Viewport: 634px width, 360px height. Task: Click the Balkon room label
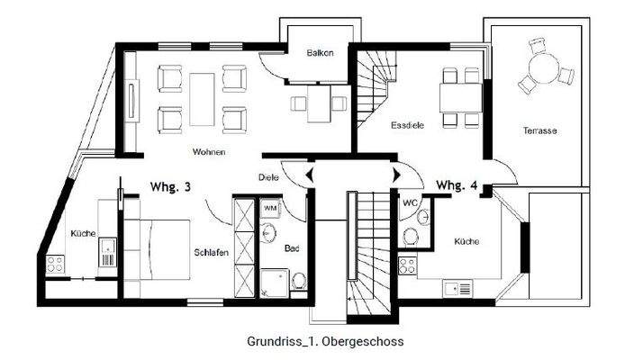tap(320, 53)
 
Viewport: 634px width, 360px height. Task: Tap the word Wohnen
tap(208, 152)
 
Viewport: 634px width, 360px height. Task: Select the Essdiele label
tap(407, 127)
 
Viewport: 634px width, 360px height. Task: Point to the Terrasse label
tap(540, 131)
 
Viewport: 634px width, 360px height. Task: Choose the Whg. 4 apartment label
tap(457, 186)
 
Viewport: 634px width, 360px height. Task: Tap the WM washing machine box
tap(269, 208)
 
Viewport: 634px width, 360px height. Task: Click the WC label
tap(409, 202)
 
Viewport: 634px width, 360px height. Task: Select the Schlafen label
tap(209, 253)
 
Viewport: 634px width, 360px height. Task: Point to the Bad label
tap(292, 247)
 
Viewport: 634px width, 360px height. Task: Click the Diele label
tap(268, 177)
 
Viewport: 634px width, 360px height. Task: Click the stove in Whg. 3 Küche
tap(55, 265)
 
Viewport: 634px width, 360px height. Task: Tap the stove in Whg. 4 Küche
tap(407, 265)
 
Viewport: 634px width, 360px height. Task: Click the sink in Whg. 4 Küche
tap(458, 288)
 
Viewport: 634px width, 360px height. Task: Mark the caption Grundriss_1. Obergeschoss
tap(325, 342)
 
